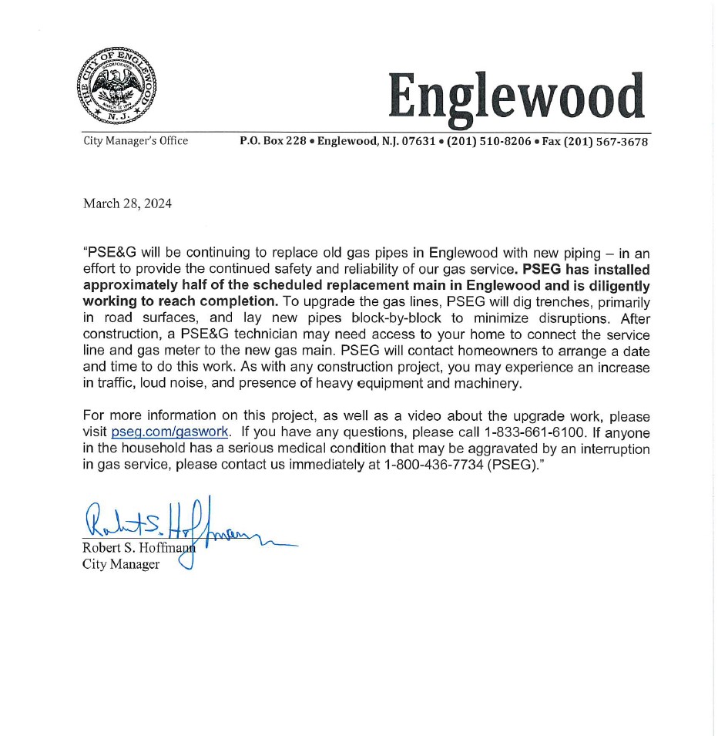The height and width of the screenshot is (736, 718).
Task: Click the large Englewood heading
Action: click(515, 98)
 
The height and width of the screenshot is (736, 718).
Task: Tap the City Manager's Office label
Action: click(136, 141)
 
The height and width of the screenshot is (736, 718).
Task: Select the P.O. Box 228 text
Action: click(273, 141)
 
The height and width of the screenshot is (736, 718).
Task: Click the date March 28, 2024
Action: click(127, 203)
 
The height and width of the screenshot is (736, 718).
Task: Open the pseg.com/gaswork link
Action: click(169, 432)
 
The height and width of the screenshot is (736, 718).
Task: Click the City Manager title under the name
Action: click(121, 565)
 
